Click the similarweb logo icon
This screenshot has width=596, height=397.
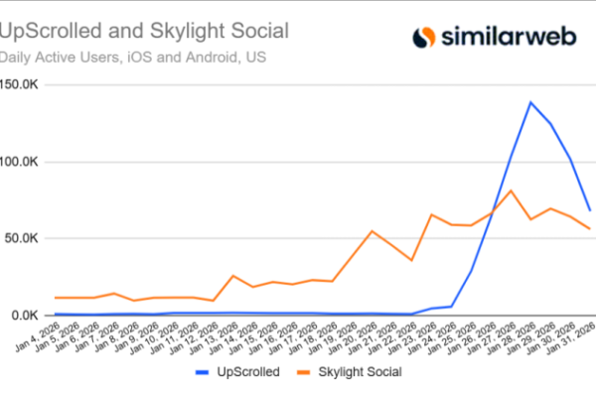click(424, 38)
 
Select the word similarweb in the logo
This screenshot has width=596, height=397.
click(510, 39)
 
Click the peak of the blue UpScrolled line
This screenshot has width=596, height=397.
click(531, 102)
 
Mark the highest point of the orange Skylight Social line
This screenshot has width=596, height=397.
click(511, 191)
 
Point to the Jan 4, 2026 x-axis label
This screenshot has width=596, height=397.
click(38, 337)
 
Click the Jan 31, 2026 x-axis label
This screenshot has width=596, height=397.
click(574, 337)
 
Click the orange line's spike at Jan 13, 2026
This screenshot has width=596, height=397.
click(233, 276)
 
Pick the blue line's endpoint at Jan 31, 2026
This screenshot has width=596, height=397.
click(590, 210)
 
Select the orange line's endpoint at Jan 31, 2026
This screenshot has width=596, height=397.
click(590, 229)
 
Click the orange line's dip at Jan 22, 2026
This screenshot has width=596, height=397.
click(412, 260)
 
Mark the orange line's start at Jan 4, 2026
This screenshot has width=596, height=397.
click(56, 298)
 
